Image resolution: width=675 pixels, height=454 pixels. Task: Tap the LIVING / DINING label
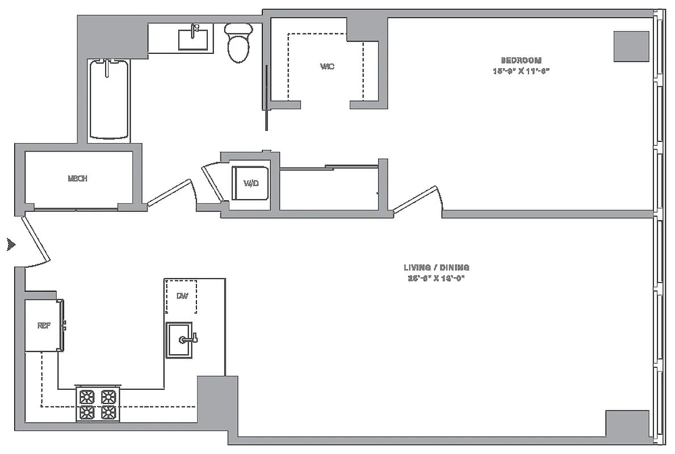(436, 267)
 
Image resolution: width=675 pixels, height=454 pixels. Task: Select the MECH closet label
(77, 179)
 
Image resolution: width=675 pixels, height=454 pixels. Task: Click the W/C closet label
(326, 67)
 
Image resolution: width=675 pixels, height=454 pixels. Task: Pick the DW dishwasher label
(182, 296)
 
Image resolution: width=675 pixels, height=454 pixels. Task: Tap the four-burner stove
(97, 405)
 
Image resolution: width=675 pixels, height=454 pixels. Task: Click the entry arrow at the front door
(10, 245)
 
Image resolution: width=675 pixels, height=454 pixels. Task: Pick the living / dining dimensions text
(436, 279)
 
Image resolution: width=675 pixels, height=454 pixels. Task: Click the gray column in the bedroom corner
(631, 46)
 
